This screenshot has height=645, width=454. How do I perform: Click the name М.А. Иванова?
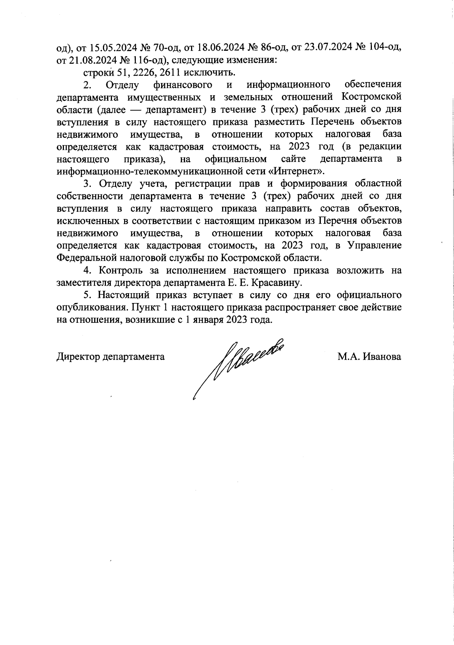click(369, 356)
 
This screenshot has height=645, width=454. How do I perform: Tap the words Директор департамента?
click(110, 356)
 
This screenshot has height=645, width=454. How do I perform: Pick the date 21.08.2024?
click(87, 60)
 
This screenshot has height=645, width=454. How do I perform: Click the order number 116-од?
click(148, 60)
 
